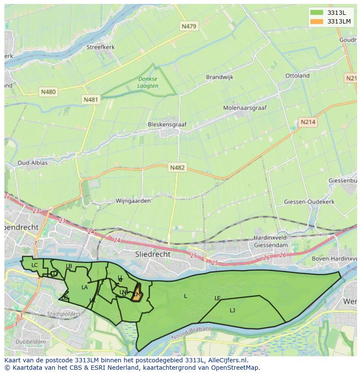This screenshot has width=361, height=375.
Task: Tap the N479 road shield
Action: coord(189,26)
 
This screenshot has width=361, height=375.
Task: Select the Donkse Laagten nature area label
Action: coord(148,82)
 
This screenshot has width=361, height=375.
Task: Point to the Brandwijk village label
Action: coord(219,77)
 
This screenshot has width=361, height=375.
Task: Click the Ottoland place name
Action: coord(297,75)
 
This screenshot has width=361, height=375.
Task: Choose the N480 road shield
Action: coord(48,92)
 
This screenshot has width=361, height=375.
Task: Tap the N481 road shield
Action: coord(91,100)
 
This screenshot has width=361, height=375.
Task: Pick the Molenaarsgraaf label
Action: coord(245,108)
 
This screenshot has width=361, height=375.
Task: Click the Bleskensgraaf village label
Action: coord(167,124)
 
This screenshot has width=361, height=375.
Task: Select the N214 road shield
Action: coord(308,122)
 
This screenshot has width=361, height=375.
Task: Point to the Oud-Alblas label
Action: coord(32,162)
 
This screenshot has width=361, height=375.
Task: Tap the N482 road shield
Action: coord(177,168)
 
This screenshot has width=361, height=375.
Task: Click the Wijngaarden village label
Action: coord(133,201)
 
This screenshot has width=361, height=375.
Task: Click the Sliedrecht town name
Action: coord(153,254)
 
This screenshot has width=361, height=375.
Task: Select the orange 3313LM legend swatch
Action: coord(317,21)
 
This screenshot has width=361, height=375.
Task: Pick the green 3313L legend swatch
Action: coord(317,12)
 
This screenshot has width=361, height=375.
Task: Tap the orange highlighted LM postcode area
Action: coord(136,293)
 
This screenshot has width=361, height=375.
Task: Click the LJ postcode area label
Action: coord(232,310)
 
